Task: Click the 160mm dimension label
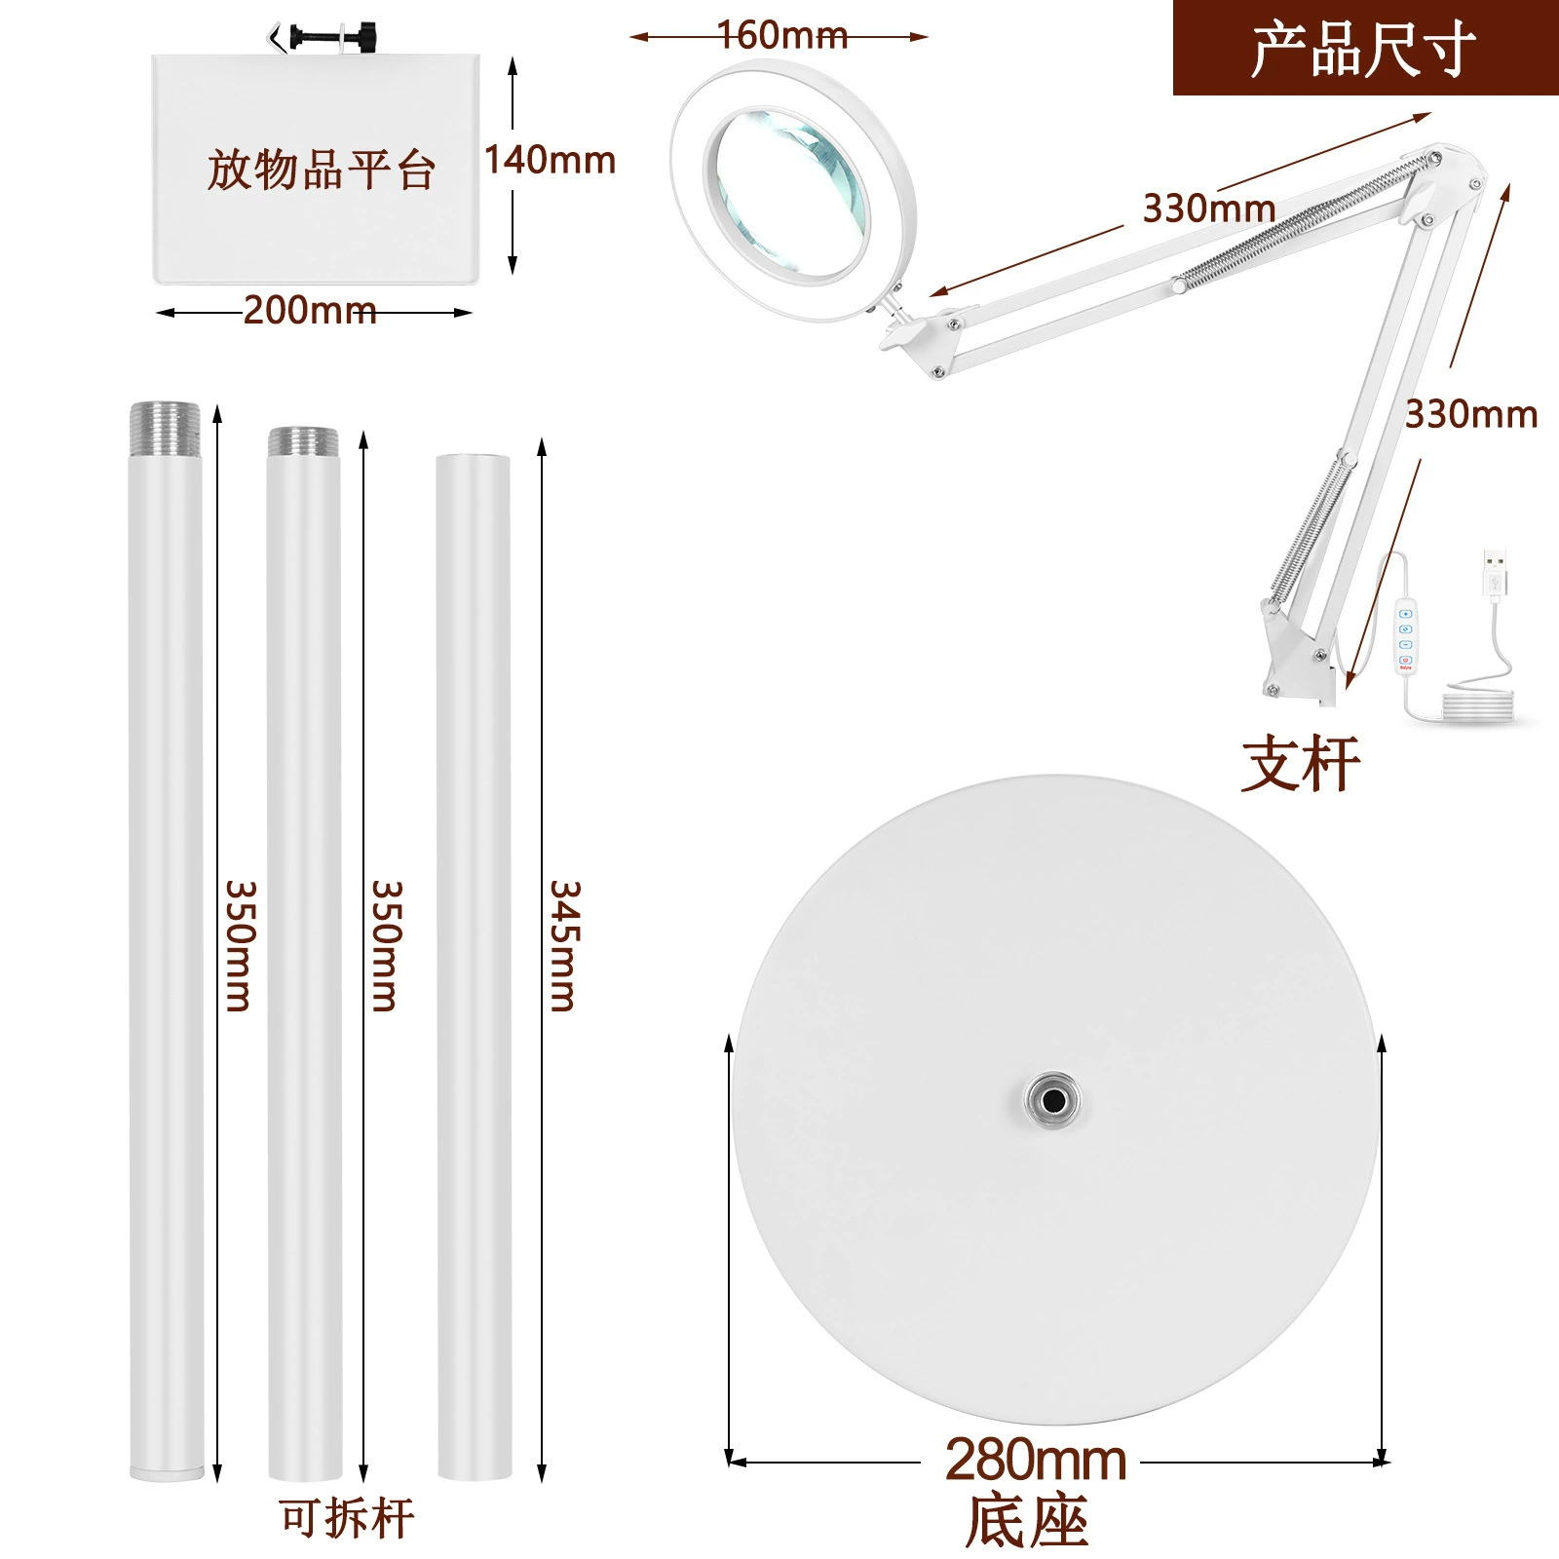(x=782, y=35)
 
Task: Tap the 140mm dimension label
(x=551, y=160)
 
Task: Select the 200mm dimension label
(x=309, y=311)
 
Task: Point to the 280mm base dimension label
(x=1036, y=1460)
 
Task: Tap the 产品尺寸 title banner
(x=1365, y=49)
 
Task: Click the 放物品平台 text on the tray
(x=321, y=170)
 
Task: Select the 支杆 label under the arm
(x=1301, y=764)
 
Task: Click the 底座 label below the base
(x=1027, y=1521)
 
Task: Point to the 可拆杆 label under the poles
(x=346, y=1518)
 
